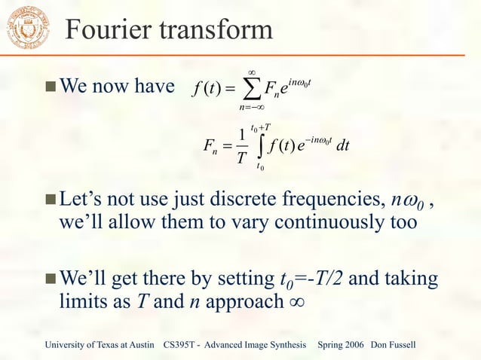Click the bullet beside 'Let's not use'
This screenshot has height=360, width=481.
coord(49,203)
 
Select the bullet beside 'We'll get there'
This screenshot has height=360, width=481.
coord(49,280)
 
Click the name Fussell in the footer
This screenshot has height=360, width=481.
coord(404,345)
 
